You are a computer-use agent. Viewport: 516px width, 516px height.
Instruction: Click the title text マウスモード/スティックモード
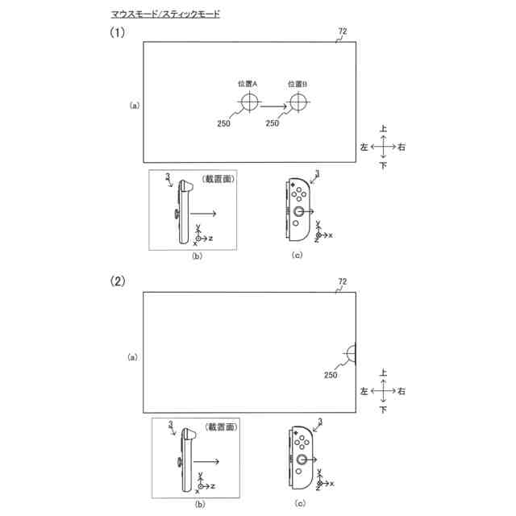(164, 15)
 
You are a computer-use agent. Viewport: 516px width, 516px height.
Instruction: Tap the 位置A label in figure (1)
(248, 83)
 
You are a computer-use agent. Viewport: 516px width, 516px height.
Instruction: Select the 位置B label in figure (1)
(298, 83)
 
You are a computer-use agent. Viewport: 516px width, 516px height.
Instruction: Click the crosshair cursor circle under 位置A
(249, 102)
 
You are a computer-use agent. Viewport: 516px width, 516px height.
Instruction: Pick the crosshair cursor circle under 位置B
(299, 102)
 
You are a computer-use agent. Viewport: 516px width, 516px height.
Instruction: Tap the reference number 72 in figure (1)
(342, 31)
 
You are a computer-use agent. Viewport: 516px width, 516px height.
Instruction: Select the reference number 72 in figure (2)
(342, 281)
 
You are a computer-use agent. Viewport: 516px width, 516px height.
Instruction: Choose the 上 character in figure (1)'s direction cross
(384, 128)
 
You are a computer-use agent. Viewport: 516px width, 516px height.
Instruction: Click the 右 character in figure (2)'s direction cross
(402, 391)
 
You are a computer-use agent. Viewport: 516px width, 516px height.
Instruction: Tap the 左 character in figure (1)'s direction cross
(364, 148)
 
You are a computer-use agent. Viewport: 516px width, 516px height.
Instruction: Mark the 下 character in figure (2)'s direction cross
(384, 410)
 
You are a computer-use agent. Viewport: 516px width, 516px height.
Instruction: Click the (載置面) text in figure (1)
(218, 180)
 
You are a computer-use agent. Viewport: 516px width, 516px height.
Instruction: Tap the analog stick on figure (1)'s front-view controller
(298, 211)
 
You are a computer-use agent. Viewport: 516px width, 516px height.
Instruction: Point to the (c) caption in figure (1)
(298, 255)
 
